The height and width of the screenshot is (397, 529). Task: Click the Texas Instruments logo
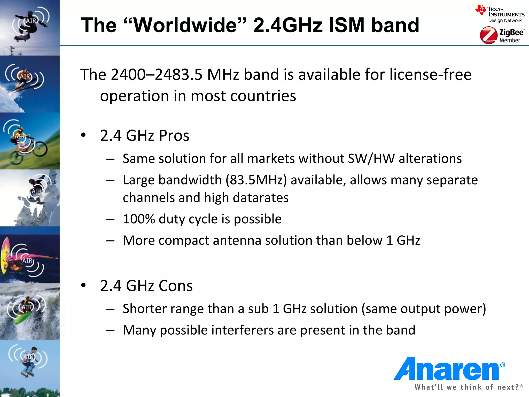point(500,14)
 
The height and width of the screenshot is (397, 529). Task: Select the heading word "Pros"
point(174,135)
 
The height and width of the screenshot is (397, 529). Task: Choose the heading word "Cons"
point(176,286)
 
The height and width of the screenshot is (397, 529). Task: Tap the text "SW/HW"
point(371,158)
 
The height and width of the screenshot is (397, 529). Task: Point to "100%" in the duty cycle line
point(139,219)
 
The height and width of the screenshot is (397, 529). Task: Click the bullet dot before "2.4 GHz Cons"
point(83,285)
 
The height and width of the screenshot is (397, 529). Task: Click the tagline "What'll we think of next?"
point(467,387)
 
